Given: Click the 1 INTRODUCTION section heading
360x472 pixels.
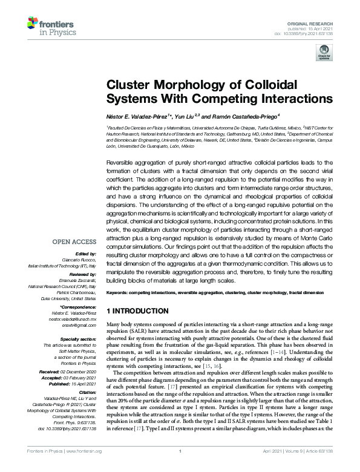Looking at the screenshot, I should point(137,311).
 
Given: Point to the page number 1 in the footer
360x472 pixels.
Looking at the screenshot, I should point(180,468).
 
